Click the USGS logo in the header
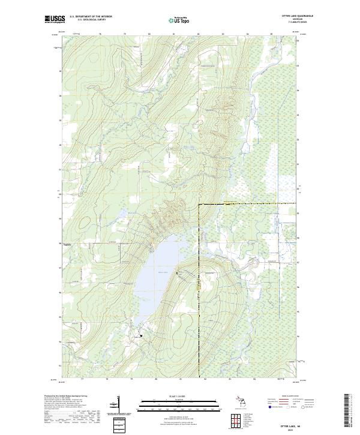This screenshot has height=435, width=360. point(55,19)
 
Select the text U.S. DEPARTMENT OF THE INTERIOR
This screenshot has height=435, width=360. point(91,17)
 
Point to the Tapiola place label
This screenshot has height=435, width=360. point(67,244)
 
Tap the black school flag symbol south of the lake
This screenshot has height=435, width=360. point(142,335)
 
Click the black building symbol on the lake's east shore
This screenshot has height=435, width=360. point(178,273)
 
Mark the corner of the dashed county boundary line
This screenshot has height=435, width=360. point(199,205)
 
